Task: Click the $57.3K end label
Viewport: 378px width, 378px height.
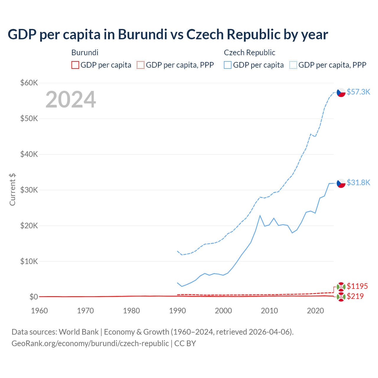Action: [x=358, y=92]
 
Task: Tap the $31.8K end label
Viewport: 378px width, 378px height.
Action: [x=358, y=183]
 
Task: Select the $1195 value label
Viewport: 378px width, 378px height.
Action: [x=357, y=286]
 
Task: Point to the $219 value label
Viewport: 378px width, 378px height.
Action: [x=355, y=296]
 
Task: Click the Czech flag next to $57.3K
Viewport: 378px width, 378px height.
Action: [x=341, y=92]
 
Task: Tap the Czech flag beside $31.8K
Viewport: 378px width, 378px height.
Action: [x=341, y=183]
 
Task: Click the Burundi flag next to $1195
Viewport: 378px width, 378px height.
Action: [x=341, y=286]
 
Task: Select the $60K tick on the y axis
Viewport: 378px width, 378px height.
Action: [x=29, y=83]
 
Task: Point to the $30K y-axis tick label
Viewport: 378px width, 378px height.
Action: [x=29, y=190]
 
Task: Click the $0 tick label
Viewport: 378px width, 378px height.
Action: [x=34, y=297]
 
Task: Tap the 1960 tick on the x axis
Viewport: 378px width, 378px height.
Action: [x=39, y=311]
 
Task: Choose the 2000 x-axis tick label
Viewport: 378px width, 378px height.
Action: [x=223, y=311]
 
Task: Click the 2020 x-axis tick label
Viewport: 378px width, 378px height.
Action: [x=315, y=311]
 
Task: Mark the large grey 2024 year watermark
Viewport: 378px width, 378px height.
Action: [x=71, y=100]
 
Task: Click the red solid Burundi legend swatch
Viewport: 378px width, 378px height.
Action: [x=75, y=65]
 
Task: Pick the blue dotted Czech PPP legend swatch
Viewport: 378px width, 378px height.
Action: [x=293, y=65]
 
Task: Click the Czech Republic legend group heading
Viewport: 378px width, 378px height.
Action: [x=250, y=53]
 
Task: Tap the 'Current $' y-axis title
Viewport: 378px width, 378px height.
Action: [x=12, y=190]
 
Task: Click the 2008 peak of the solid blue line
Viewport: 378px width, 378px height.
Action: [x=260, y=216]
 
